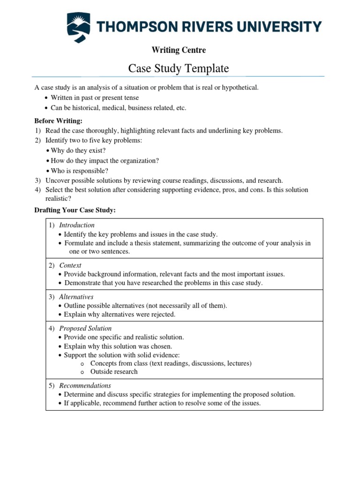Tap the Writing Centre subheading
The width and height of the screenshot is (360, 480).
tap(178, 50)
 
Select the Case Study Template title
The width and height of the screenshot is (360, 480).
tap(179, 68)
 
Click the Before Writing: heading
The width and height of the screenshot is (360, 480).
tap(58, 121)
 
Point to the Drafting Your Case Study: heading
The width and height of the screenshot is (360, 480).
tap(75, 210)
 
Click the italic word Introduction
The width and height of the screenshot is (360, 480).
tap(77, 225)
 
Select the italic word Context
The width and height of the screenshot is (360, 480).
tap(70, 265)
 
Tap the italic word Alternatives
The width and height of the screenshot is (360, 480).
tap(76, 297)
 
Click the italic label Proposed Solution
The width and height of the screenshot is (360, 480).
tap(85, 328)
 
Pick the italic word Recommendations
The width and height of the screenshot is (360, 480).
tap(85, 385)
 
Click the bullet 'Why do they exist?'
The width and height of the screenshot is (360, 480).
tap(78, 150)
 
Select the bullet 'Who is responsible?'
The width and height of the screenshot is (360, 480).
tap(79, 171)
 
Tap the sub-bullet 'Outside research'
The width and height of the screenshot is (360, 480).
tap(114, 372)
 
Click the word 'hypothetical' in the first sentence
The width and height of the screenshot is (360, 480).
tap(239, 87)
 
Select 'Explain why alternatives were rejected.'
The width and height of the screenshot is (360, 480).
tap(120, 314)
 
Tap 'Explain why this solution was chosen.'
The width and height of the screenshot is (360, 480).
tap(118, 346)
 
